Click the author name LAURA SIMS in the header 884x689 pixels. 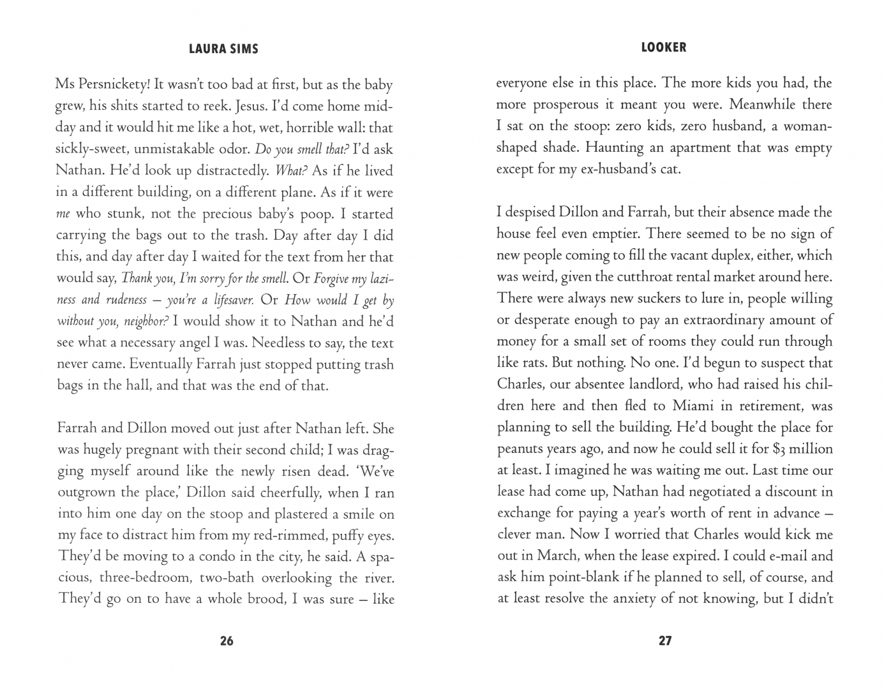tap(223, 49)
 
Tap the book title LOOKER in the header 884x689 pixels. tap(664, 47)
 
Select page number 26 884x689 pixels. tap(227, 641)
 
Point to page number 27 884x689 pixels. tap(665, 641)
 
